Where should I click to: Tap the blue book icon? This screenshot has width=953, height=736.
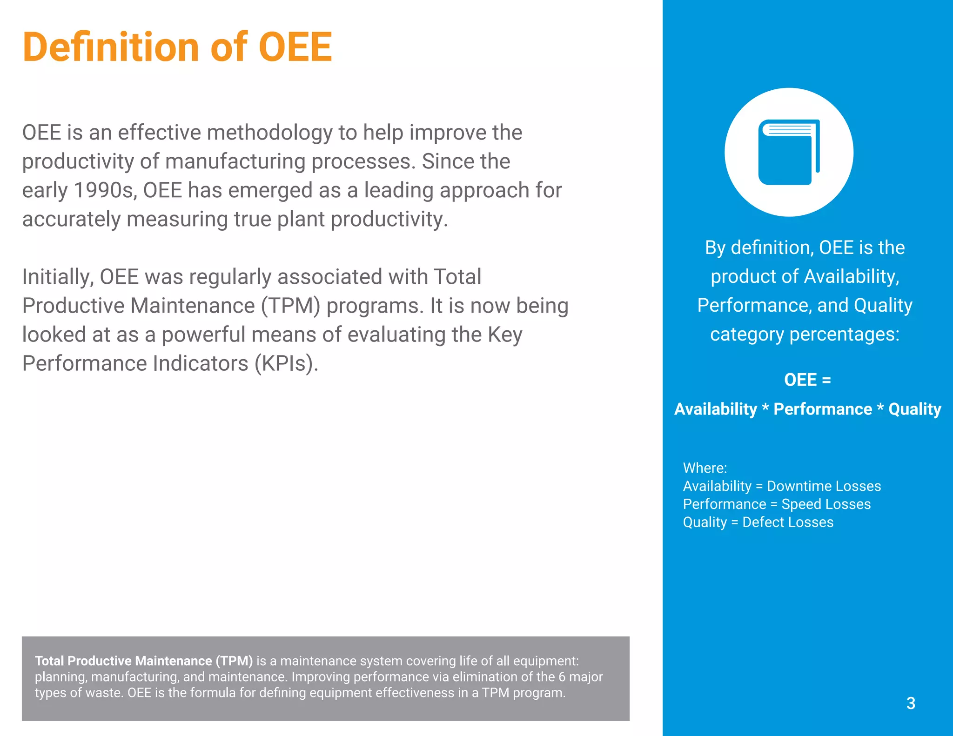coord(789,153)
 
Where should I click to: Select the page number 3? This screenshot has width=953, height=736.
coord(911,703)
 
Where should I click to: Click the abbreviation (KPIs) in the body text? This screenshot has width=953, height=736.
coord(286,363)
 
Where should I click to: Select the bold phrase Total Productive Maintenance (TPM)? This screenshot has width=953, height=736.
coord(144,661)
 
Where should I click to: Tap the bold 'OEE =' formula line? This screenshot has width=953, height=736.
coord(807,380)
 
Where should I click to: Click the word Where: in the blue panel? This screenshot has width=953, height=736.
coord(705,468)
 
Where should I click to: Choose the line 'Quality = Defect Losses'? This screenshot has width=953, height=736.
coord(758,522)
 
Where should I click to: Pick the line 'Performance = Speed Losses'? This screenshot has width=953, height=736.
coord(777,504)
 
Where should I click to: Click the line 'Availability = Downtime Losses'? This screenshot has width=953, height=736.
coord(782,486)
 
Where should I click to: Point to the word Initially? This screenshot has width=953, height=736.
coord(58,277)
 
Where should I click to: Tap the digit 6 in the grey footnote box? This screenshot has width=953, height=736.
coord(562,677)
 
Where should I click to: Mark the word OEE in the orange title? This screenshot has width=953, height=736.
coord(295,47)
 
